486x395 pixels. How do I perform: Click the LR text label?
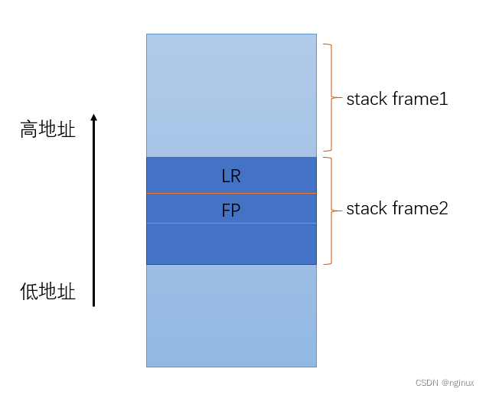[231, 176]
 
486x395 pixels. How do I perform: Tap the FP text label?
[231, 211]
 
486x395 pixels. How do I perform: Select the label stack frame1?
[396, 99]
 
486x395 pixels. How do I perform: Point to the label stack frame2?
[396, 208]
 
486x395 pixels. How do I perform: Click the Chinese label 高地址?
[47, 129]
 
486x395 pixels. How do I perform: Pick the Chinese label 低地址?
[47, 292]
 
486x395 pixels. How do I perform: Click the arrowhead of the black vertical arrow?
[93, 118]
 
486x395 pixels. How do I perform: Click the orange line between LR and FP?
[231, 194]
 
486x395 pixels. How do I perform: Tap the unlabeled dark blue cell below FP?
[231, 243]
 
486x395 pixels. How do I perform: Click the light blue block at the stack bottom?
[231, 315]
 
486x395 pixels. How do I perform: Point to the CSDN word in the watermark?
[426, 383]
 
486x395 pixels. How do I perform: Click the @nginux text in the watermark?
[457, 383]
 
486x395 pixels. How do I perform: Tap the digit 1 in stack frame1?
[443, 99]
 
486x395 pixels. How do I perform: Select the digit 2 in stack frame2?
[443, 208]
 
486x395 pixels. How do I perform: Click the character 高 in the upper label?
[29, 129]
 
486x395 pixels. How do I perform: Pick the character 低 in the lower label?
[29, 292]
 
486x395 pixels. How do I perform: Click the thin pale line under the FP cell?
[231, 223]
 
